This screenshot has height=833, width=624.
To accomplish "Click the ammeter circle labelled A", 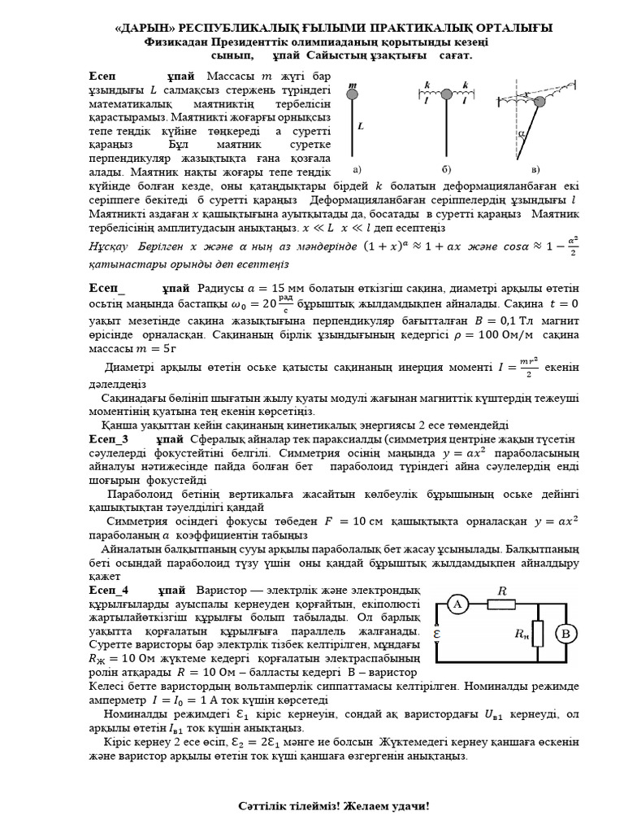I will [457, 604].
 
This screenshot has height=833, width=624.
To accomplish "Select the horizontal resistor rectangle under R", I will [501, 604].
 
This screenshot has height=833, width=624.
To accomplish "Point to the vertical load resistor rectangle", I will [537, 635].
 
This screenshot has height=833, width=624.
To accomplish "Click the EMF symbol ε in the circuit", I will [438, 633].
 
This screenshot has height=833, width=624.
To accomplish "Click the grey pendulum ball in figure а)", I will [352, 97].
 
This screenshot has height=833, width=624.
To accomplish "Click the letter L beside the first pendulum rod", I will [360, 127].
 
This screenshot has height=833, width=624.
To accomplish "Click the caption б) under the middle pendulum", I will [446, 169].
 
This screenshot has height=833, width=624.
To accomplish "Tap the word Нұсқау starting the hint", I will [110, 246].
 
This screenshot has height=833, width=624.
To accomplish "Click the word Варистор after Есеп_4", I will [223, 589].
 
